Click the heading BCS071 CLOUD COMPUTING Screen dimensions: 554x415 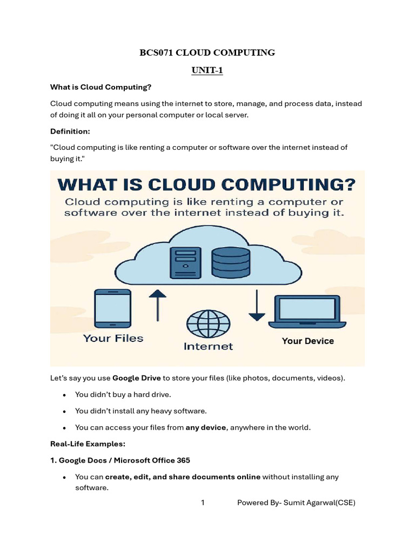207,52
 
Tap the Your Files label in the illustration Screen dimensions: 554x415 113,339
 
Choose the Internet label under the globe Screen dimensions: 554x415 208,346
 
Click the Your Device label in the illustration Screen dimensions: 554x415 307,341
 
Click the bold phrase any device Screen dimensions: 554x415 205,427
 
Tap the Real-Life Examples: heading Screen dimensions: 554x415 88,444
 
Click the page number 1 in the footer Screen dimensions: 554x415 203,503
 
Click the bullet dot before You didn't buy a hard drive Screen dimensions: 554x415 64,395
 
